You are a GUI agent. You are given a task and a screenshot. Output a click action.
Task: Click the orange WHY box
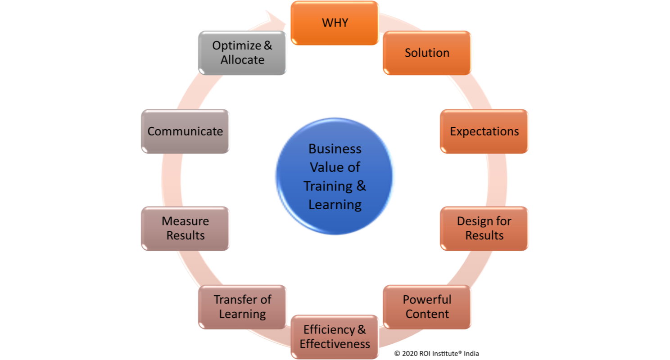tap(335, 23)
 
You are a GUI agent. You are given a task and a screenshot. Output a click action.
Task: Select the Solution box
tap(427, 53)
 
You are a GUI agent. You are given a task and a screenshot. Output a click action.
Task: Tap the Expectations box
tap(484, 131)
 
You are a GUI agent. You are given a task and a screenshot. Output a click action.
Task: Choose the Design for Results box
tap(484, 228)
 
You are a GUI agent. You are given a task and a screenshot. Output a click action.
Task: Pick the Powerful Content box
tap(427, 306)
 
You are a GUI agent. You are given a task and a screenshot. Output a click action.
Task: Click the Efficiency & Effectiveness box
tap(335, 337)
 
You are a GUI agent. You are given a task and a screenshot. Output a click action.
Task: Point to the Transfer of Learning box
tap(242, 306)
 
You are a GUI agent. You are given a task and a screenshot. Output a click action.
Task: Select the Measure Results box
tap(185, 228)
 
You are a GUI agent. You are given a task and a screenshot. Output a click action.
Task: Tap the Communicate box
tap(185, 131)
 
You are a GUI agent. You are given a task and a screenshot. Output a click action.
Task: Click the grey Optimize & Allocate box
tap(242, 53)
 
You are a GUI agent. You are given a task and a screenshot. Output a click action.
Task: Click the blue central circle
tap(335, 176)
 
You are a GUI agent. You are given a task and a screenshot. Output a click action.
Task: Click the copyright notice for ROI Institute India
tap(436, 353)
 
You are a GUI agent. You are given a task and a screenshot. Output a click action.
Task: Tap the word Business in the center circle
tap(335, 148)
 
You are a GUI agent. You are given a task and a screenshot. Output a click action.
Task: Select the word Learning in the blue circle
tap(335, 205)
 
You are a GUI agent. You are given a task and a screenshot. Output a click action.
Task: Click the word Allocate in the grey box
tap(242, 60)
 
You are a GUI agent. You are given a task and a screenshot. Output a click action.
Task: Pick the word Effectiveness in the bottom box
tap(335, 344)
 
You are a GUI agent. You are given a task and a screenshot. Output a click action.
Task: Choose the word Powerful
tap(427, 299)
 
